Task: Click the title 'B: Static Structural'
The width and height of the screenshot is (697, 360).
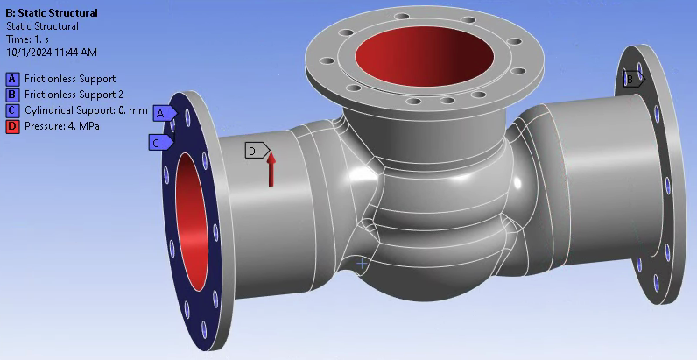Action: [52, 13]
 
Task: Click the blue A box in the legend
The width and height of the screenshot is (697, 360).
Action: [12, 79]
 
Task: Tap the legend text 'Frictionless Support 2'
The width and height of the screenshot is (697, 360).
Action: [74, 95]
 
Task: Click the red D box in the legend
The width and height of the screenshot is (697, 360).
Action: [12, 126]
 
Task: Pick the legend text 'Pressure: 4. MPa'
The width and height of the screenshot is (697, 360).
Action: [61, 126]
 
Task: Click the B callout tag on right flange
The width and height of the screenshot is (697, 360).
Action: [632, 79]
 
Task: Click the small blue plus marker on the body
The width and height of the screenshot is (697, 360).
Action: [362, 263]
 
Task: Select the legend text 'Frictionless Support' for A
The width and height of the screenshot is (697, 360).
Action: [70, 79]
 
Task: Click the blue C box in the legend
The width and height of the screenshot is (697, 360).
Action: [12, 110]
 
